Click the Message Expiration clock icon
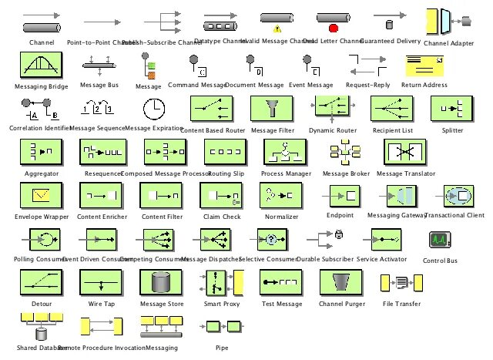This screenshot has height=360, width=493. click(x=153, y=108)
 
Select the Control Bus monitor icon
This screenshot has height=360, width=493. click(x=440, y=241)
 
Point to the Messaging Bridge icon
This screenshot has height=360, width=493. click(x=35, y=66)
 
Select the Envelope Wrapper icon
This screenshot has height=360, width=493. click(x=35, y=196)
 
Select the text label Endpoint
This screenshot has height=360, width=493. click(x=340, y=215)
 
